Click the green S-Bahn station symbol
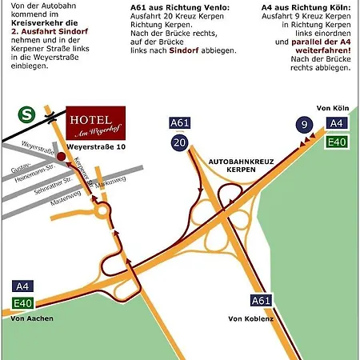[x=27, y=115]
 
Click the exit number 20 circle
[x=179, y=143]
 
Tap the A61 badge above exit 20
[x=179, y=122]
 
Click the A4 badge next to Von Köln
[x=336, y=123]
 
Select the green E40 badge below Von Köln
[x=336, y=142]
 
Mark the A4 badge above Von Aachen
[x=22, y=286]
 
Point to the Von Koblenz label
[x=250, y=319]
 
